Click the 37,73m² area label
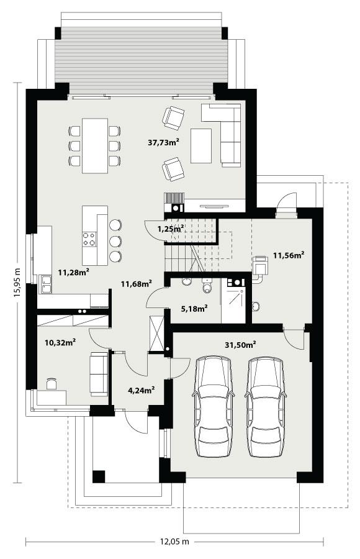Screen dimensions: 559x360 coord(164,142)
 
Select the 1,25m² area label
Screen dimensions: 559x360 coord(170,229)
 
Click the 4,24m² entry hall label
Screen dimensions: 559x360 coord(142,390)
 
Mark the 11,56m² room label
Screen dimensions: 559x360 coord(289,255)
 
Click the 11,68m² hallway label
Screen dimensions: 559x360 coord(137,284)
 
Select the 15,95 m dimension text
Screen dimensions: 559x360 coord(17,283)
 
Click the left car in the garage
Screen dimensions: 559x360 coord(214,407)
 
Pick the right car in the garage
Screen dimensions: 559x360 coord(268,407)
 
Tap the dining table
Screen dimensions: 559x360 coord(94,145)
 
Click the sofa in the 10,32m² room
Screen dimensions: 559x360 coord(99,373)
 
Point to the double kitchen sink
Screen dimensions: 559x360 coord(46,284)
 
